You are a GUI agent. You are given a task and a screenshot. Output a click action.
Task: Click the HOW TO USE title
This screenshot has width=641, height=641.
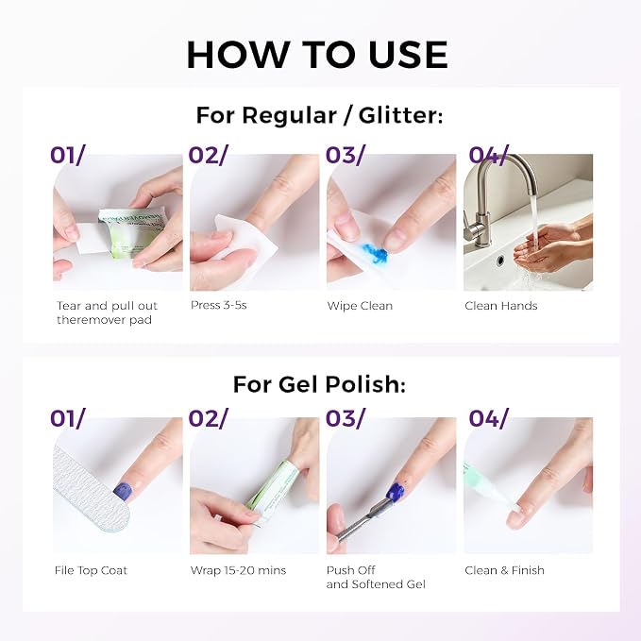(x=317, y=55)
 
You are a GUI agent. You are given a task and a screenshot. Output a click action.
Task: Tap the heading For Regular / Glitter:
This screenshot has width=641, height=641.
(x=319, y=115)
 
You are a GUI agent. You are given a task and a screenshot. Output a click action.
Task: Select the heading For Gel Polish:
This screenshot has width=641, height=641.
(x=319, y=384)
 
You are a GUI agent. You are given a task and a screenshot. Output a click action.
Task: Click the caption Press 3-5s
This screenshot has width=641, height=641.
(x=219, y=305)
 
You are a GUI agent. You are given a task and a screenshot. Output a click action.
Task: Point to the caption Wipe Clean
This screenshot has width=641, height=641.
(x=360, y=306)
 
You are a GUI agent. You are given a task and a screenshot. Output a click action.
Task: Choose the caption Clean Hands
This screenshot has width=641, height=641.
(x=500, y=306)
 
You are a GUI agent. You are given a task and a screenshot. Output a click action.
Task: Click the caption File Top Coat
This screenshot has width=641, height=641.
(x=91, y=570)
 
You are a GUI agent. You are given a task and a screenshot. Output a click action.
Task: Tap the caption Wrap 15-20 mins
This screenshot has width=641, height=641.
(x=238, y=570)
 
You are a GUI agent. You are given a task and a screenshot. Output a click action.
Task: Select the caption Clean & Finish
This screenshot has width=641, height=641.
(x=504, y=570)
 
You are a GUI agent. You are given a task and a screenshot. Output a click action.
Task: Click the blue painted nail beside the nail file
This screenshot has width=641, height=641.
(x=122, y=491)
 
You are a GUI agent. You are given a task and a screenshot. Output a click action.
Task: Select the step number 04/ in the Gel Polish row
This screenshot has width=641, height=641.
(x=488, y=418)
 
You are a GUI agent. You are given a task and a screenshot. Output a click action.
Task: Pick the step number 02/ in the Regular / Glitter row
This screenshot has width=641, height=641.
(x=208, y=155)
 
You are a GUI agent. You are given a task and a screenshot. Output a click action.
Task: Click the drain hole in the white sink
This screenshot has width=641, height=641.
(x=499, y=260)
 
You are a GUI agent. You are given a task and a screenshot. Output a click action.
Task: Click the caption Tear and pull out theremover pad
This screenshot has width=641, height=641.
(x=107, y=312)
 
